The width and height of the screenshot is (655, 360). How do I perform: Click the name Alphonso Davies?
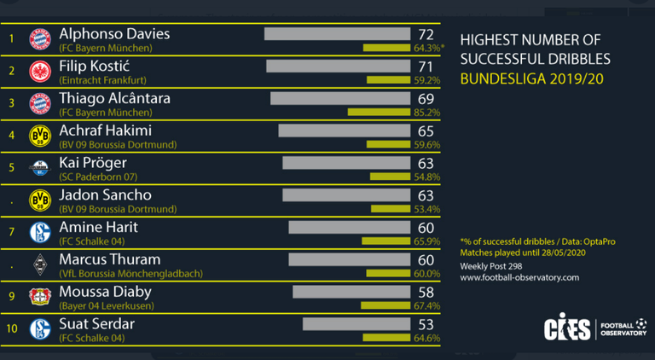pos(114,33)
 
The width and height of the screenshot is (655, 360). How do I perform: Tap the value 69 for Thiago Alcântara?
pos(426,98)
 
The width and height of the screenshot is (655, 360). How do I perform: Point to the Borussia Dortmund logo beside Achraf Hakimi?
pos(40,136)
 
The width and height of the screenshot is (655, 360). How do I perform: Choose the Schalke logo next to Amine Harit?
pos(40,233)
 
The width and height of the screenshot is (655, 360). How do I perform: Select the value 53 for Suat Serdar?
pos(426,324)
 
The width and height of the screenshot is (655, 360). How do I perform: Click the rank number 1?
pos(11,38)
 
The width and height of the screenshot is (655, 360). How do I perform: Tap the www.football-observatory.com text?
pos(519,277)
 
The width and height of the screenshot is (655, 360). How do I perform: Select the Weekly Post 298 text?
pos(491,266)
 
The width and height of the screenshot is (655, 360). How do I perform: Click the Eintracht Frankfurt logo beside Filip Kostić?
pos(40,72)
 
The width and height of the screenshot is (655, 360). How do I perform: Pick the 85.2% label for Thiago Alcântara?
pos(426,112)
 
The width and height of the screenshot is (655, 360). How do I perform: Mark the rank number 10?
pos(11,329)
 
